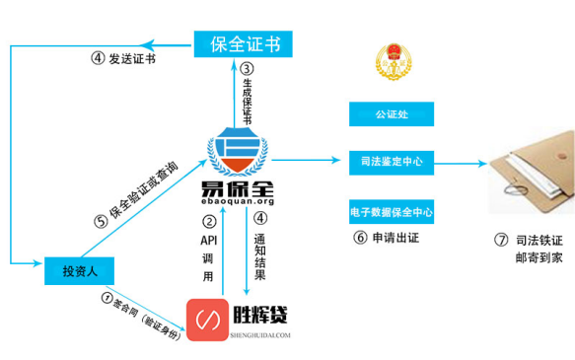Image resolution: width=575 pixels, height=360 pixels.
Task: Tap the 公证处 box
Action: point(392,114)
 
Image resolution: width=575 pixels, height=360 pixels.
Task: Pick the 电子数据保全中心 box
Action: point(392,210)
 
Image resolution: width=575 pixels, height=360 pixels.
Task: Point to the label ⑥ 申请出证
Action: point(392,237)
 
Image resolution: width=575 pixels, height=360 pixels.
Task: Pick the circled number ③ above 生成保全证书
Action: point(247,69)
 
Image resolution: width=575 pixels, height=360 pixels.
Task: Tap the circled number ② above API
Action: point(208,221)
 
